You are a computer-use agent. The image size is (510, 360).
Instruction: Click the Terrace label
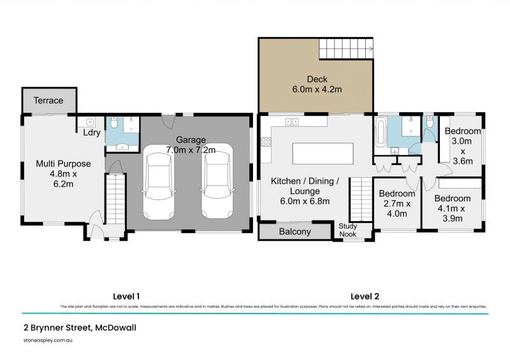[x=48, y=101]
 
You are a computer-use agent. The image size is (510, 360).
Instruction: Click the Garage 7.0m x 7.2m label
[x=191, y=145]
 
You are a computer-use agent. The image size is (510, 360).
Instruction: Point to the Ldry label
[x=91, y=133]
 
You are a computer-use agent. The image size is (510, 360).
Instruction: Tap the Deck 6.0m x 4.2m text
[x=317, y=84]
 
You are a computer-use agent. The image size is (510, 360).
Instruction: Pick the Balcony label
[x=295, y=232]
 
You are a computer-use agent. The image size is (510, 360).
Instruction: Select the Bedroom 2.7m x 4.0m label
[x=397, y=203]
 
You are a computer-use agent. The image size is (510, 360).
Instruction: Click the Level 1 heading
[x=126, y=296]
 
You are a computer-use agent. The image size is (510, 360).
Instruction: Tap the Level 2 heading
[x=365, y=296]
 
